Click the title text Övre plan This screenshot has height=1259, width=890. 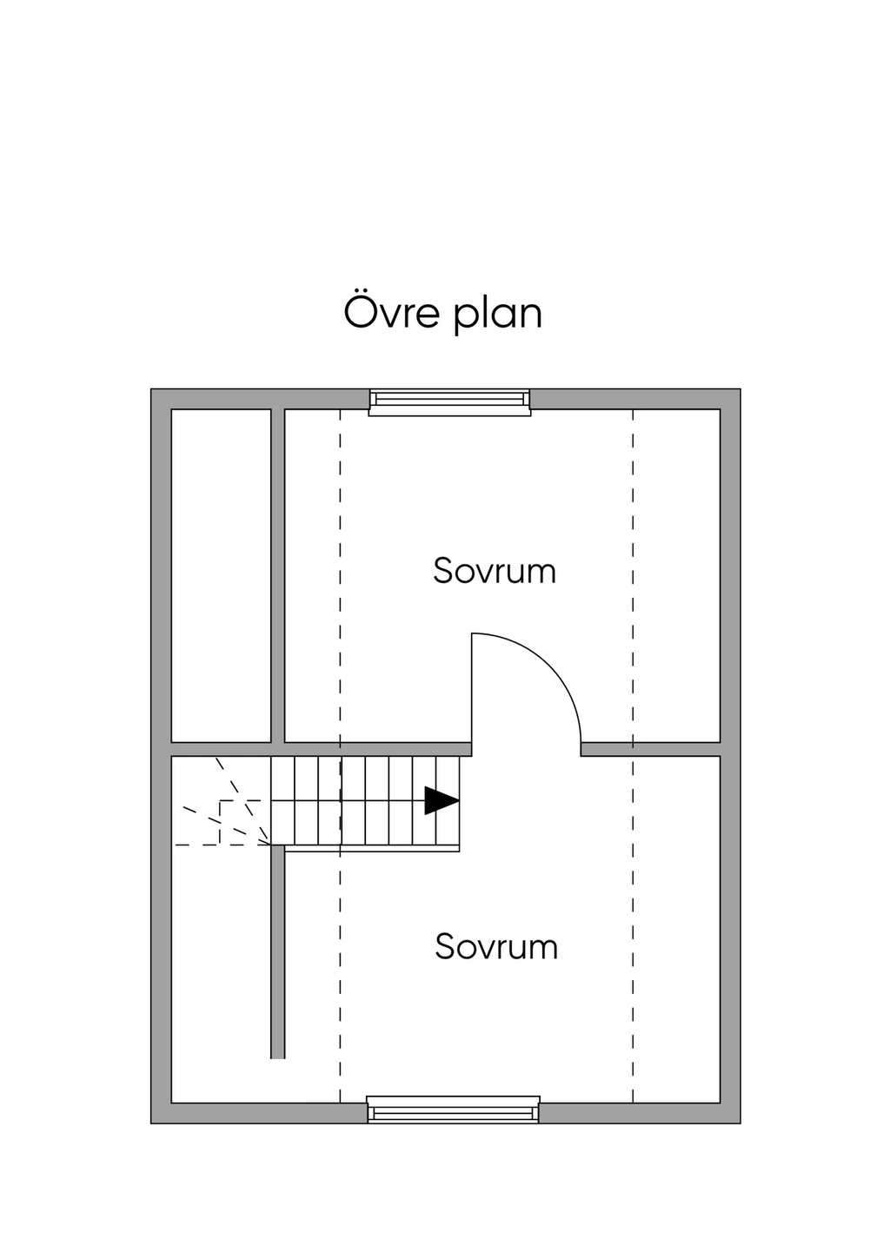(443, 313)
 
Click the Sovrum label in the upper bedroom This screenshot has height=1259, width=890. (495, 571)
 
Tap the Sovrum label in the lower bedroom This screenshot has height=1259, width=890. (496, 946)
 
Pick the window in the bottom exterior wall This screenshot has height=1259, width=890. (453, 1110)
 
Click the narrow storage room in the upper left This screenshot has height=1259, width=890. (221, 573)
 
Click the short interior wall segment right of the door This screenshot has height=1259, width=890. (650, 749)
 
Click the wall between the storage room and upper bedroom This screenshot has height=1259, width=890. (278, 573)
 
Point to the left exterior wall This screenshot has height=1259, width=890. (161, 756)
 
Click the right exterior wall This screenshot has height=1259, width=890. (730, 756)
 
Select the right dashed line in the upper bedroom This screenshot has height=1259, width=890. (633, 573)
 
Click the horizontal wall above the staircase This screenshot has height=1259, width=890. (374, 749)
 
